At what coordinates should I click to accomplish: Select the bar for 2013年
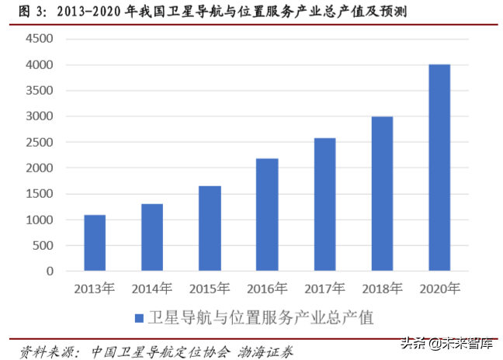click(x=95, y=243)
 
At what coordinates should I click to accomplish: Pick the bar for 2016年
click(x=267, y=215)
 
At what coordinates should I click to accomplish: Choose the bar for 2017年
click(x=324, y=205)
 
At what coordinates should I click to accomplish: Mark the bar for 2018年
click(x=382, y=194)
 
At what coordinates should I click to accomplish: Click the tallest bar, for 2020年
click(x=439, y=168)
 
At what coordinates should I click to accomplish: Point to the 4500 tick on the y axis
click(x=39, y=39)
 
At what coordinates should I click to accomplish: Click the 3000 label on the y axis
click(x=39, y=116)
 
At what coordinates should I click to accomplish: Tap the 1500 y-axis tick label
click(x=39, y=194)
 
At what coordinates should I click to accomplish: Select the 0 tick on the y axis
click(x=49, y=272)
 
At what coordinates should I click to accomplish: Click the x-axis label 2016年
click(x=267, y=289)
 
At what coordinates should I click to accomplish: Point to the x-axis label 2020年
click(x=439, y=289)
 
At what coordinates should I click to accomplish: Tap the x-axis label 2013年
click(x=95, y=289)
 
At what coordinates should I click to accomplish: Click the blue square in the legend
click(x=139, y=318)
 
